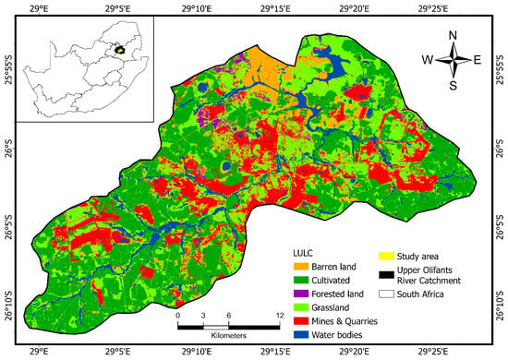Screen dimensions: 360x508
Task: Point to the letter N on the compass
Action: coord(453,36)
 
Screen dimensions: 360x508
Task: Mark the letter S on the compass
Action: coord(453,87)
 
